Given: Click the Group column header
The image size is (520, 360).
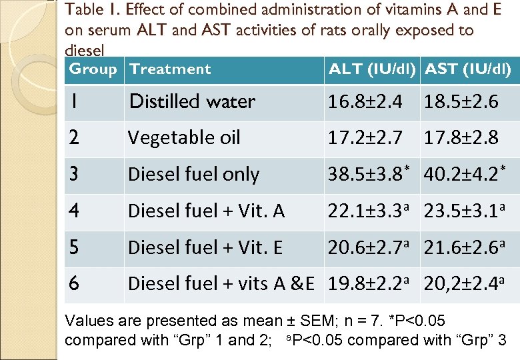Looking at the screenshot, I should [x=93, y=69].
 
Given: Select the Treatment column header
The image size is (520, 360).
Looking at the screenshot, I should [x=170, y=69].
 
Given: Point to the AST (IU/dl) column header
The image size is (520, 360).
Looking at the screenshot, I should [x=468, y=69].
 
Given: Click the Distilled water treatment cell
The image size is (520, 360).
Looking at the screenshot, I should [x=192, y=101].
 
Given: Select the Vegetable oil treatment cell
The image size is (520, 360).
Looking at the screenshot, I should [x=184, y=138].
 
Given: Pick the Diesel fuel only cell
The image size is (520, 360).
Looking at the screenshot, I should [x=193, y=174].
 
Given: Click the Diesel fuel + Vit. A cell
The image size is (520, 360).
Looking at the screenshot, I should [x=206, y=211].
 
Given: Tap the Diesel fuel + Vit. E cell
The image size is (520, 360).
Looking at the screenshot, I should [x=205, y=247].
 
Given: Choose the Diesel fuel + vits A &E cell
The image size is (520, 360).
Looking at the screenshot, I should [x=221, y=284].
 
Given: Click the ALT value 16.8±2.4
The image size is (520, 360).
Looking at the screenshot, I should [x=365, y=101].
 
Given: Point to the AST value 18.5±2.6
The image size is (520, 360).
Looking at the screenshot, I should [x=461, y=101].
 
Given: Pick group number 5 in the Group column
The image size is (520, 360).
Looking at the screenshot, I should [x=74, y=247].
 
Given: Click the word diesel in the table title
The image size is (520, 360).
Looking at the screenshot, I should [x=83, y=51].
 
